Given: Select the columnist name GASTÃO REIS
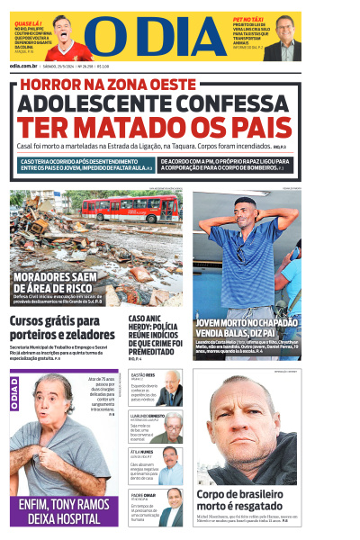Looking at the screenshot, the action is coord(143,374).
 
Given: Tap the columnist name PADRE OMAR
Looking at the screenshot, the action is coord(144,494).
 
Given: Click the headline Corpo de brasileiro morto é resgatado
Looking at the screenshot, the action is coord(241,500).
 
